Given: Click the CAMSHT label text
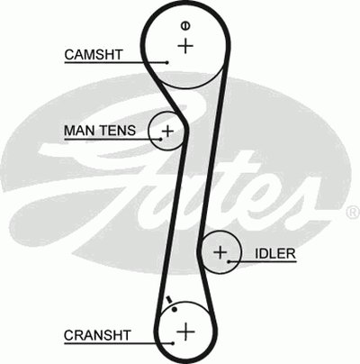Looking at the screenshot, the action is click(94, 55).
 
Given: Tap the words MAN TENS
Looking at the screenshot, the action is click(100, 131).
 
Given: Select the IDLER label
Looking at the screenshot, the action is click(275, 254).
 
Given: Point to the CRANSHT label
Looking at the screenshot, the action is click(97, 335).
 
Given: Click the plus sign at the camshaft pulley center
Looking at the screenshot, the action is click(185, 46).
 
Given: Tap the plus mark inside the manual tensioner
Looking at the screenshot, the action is click(167, 131).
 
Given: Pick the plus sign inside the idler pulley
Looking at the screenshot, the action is click(220, 252).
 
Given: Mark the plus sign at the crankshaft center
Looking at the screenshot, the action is click(185, 332).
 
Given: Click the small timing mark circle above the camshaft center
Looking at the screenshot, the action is click(185, 26).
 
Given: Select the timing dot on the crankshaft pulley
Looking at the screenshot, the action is click(175, 309).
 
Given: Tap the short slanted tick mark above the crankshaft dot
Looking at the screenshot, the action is click(169, 300).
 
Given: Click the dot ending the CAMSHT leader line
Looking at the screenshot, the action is click(166, 62).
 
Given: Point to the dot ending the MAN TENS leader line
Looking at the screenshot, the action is click(161, 140).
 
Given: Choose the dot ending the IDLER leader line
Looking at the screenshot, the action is click(229, 262).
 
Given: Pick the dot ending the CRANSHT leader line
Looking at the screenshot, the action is click(173, 343).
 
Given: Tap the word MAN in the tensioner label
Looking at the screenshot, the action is click(78, 131).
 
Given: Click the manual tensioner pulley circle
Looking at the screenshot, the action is click(149, 131).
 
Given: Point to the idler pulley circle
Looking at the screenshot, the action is click(240, 252).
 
